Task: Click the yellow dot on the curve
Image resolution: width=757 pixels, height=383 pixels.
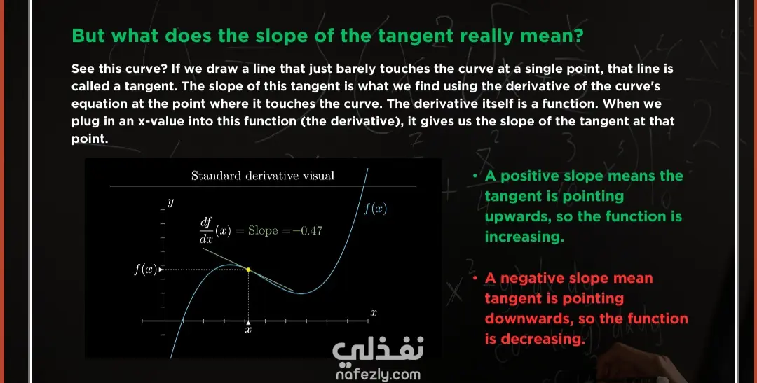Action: tap(248, 270)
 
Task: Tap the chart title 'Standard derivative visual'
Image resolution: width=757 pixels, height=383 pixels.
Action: tap(263, 176)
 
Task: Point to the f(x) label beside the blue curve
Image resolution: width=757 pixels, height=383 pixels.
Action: tap(375, 209)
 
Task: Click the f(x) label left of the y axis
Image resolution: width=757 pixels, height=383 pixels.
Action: tap(146, 269)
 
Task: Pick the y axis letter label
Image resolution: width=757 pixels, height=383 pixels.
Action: tap(170, 202)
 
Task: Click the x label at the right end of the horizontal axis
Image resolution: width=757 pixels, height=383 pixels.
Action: tap(373, 313)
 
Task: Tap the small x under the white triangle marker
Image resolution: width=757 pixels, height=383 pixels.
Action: tap(248, 330)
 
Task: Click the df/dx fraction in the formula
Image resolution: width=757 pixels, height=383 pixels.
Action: tap(206, 230)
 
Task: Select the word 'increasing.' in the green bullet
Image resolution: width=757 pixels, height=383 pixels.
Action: tap(524, 237)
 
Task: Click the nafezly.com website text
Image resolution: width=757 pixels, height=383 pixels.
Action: tap(378, 375)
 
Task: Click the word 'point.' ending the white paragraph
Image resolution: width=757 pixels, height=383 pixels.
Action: tap(90, 139)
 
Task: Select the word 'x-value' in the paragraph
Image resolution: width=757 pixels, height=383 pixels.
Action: tap(161, 121)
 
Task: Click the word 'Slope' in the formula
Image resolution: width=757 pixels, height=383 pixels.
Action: tap(263, 230)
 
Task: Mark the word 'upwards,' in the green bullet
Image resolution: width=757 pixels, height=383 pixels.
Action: tap(518, 216)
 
